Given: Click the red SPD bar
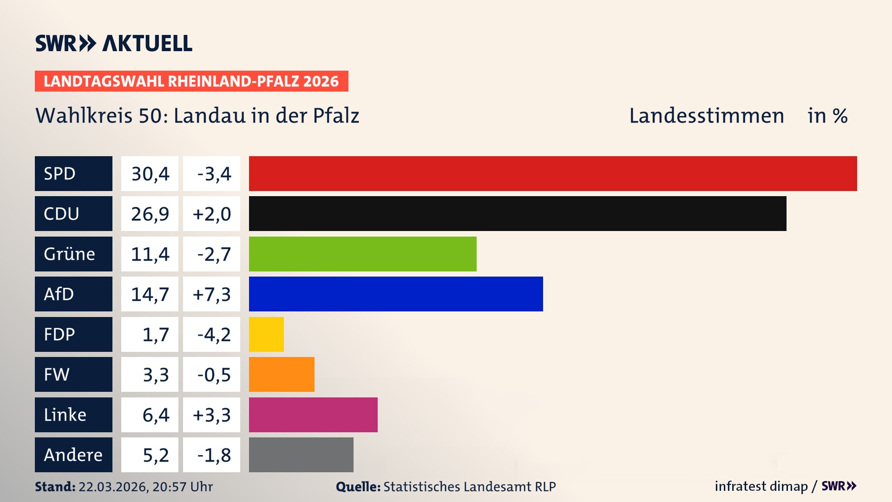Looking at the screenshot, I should point(553,173).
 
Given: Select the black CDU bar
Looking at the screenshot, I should point(518,213).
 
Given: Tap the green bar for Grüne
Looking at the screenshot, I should point(362,254).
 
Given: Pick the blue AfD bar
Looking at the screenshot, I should point(396,294).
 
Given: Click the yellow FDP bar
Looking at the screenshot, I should point(266,334).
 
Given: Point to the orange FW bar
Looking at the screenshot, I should point(282,374).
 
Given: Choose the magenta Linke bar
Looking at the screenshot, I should point(313,415).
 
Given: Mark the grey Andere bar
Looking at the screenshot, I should point(301,455).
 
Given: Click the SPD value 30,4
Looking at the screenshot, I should point(150,174).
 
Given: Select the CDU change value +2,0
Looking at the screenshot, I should point(212,214).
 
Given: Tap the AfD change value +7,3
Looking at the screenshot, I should point(212,294).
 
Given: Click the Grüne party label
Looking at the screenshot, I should point(70,254).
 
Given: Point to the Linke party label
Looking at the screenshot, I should point(65,415).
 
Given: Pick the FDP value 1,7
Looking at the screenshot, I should point(156,335).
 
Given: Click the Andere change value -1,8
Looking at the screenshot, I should point(214,455).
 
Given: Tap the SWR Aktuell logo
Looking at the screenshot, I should point(114,43).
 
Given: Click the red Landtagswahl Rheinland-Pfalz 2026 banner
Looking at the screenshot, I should point(191,81).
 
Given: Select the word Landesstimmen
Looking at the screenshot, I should point(706,116).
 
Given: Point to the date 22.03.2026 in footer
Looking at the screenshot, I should point(113,487).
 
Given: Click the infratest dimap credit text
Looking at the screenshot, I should point(761,486).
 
